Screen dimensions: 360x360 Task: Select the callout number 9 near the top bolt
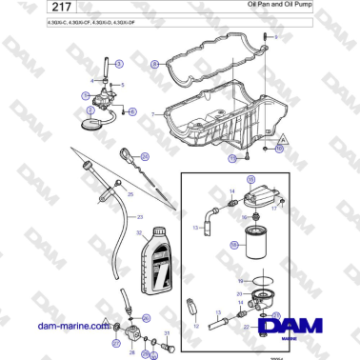[x=276, y=36]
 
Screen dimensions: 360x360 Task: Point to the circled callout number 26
[x=147, y=318]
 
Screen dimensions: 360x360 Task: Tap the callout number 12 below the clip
[x=198, y=326]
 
